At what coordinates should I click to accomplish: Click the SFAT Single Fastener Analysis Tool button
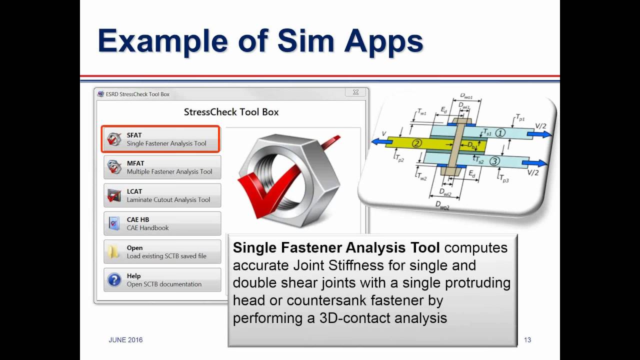coord(160,139)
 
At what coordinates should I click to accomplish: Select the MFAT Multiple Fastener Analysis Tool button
coord(162,167)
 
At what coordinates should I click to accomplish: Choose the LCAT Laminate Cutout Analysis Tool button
coord(162,195)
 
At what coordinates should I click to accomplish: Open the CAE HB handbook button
coord(162,223)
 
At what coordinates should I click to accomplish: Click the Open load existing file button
coord(162,251)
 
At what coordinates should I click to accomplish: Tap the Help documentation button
coord(162,279)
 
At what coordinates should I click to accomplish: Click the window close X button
coord(355,92)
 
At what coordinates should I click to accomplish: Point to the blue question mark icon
coord(114,280)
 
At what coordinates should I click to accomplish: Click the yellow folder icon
coord(114,252)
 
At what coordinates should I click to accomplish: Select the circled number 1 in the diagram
coord(500,133)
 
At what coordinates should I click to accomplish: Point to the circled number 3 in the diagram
coord(494,161)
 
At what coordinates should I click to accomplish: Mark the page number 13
coord(527,340)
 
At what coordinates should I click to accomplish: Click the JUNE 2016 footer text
coord(125,340)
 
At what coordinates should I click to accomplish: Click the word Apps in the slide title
coord(383,41)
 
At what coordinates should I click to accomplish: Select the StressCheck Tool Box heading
coord(231,112)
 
